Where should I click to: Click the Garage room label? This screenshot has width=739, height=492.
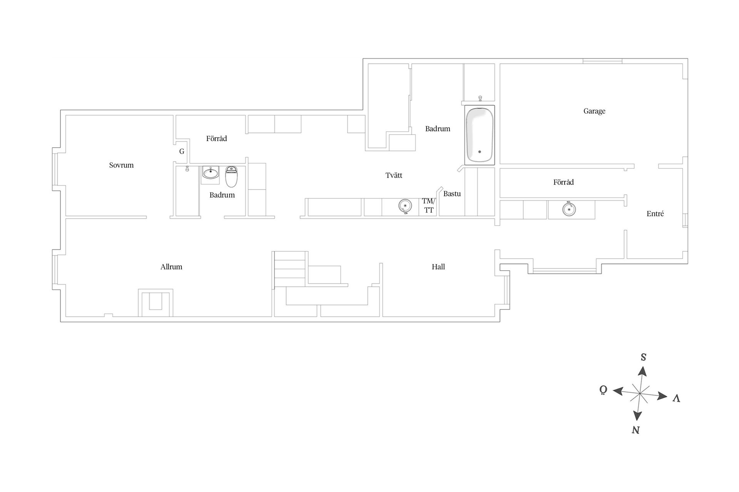pos(594,111)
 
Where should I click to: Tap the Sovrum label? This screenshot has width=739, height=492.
pos(121,165)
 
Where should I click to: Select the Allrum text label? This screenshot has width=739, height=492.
pos(171,267)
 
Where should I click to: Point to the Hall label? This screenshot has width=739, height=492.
pos(438,267)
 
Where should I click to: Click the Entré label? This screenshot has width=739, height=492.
pos(655,214)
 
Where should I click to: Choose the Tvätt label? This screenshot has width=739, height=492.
pos(394,175)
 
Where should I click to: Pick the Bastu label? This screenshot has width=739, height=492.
pos(452,194)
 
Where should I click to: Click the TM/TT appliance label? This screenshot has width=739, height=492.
pos(428,206)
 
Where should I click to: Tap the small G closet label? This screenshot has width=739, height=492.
pos(182,151)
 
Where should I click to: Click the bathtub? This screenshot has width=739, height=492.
pos(479,135)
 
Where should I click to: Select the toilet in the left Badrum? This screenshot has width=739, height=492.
pos(231,176)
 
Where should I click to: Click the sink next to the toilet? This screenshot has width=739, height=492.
pos(211,173)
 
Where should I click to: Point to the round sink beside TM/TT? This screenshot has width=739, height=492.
pos(405,206)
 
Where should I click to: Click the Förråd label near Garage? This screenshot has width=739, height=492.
pos(563,182)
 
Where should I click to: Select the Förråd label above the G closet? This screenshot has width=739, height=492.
pos(216,138)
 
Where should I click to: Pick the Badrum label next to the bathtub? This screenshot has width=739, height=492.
pos(438,129)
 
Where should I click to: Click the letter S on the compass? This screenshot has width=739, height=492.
pos(643,357)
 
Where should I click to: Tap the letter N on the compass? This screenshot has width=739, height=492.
pos(636,430)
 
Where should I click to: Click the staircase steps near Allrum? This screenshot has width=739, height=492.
pos(290,269)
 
